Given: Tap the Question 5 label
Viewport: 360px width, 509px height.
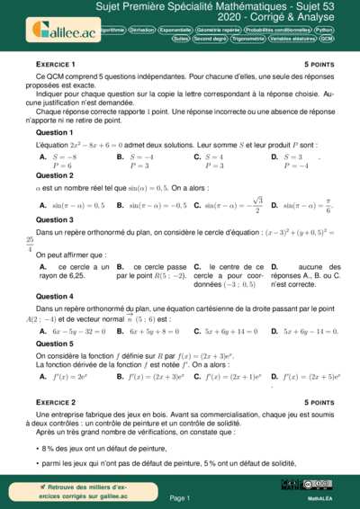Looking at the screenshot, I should tap(54, 344).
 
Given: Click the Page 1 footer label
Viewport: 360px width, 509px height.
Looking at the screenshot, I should tap(180, 496).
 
